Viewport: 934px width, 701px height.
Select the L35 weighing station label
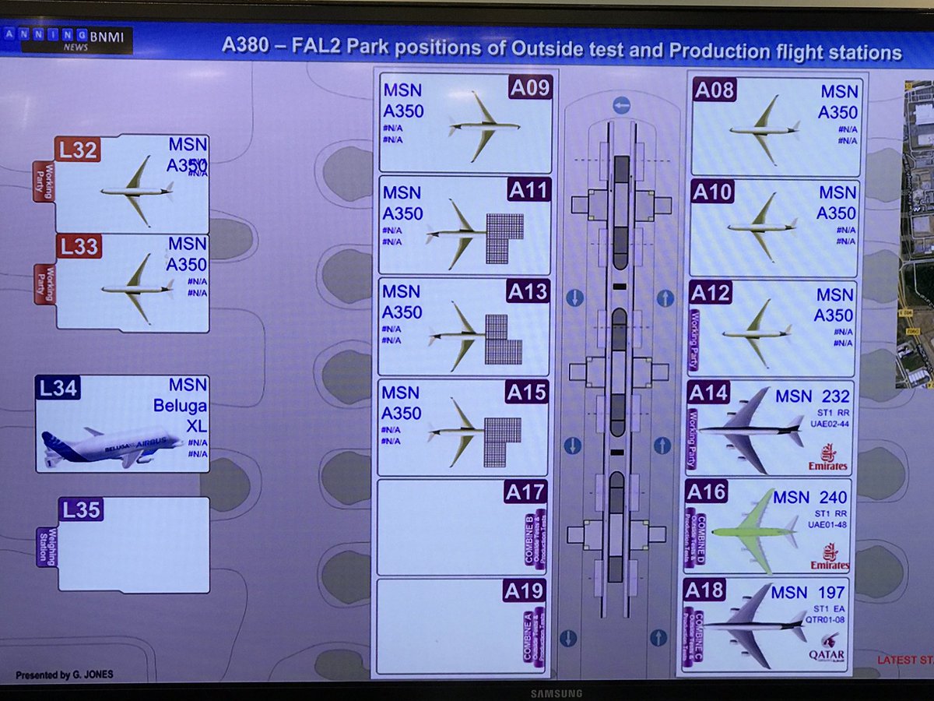[x=80, y=510]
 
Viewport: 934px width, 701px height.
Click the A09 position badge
[x=530, y=88]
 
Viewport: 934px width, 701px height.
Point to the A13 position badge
[x=528, y=292]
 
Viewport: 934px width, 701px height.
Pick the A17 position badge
[x=525, y=491]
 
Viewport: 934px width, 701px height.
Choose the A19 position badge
[x=525, y=591]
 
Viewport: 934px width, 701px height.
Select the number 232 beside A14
[x=831, y=397]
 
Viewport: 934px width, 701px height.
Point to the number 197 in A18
[x=829, y=594]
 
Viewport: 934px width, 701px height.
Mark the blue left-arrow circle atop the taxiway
[x=621, y=105]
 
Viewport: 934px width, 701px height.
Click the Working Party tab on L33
[x=45, y=283]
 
